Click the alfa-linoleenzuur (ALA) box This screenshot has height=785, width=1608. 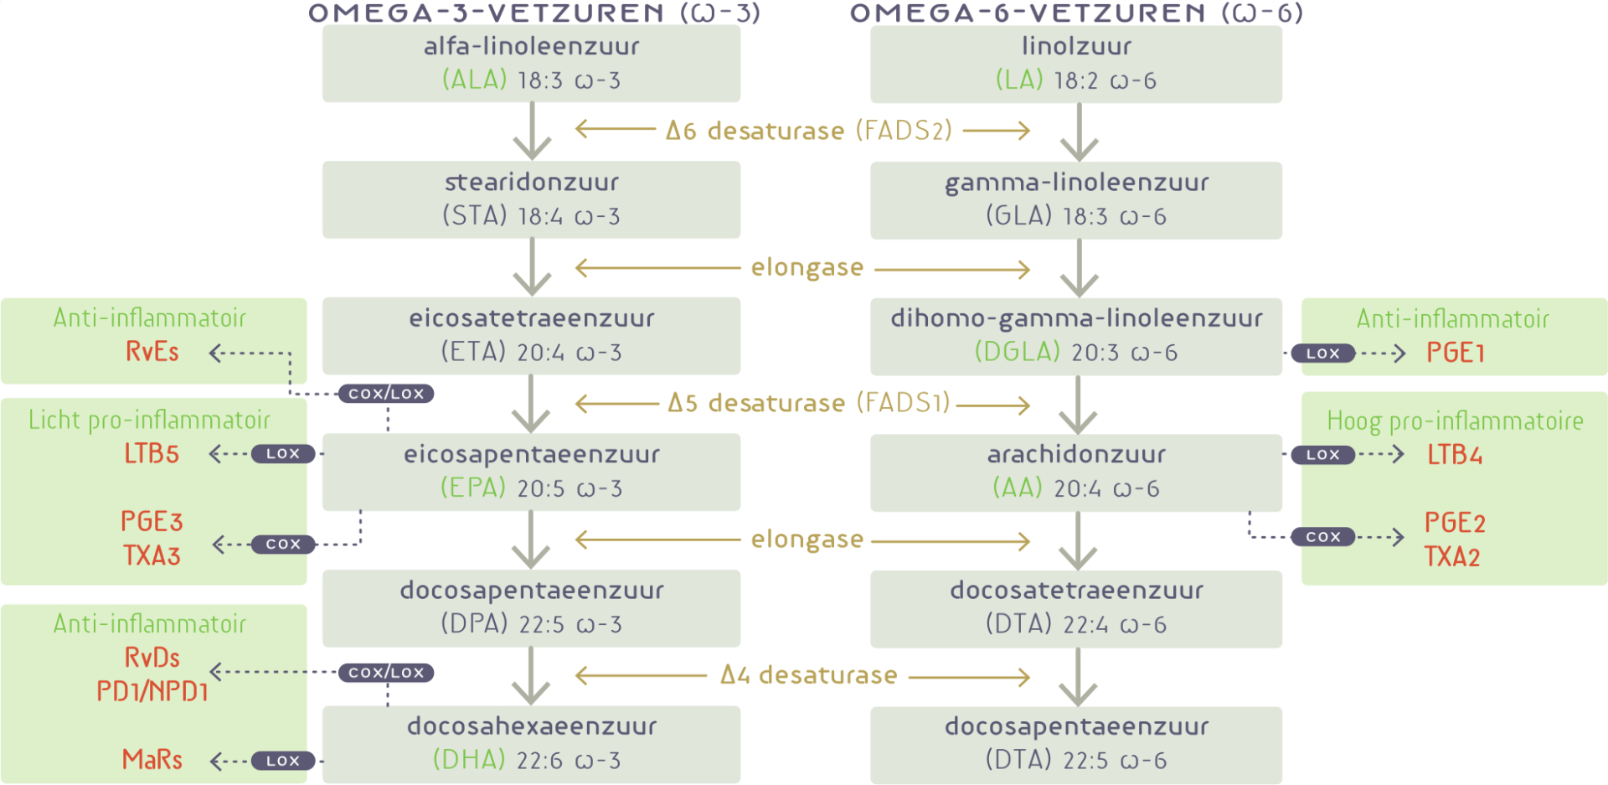click(x=531, y=64)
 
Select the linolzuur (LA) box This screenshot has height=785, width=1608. click(x=1076, y=64)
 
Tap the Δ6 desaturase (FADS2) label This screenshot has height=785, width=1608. click(x=808, y=131)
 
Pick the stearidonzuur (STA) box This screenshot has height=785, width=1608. click(x=531, y=199)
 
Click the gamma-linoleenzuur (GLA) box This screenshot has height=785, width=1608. click(x=1076, y=200)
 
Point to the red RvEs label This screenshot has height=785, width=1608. click(x=152, y=352)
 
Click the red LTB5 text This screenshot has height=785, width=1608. click(x=152, y=454)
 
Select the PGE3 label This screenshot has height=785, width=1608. click(x=152, y=521)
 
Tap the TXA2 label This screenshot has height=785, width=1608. click(x=1452, y=556)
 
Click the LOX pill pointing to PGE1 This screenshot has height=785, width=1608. click(x=1322, y=354)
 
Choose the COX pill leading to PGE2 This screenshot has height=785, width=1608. click(x=1322, y=537)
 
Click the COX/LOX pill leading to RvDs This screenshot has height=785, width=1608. click(x=386, y=673)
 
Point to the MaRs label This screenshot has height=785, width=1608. click(x=152, y=759)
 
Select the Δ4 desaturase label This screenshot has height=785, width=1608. click(x=808, y=675)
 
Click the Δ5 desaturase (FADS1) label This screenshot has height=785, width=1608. click(x=808, y=403)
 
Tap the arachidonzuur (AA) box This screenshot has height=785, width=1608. click(x=1076, y=472)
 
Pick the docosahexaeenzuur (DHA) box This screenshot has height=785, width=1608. click(x=531, y=744)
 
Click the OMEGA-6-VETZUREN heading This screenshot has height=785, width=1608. click(x=1076, y=13)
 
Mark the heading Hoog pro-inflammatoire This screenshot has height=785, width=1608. click(x=1455, y=421)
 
